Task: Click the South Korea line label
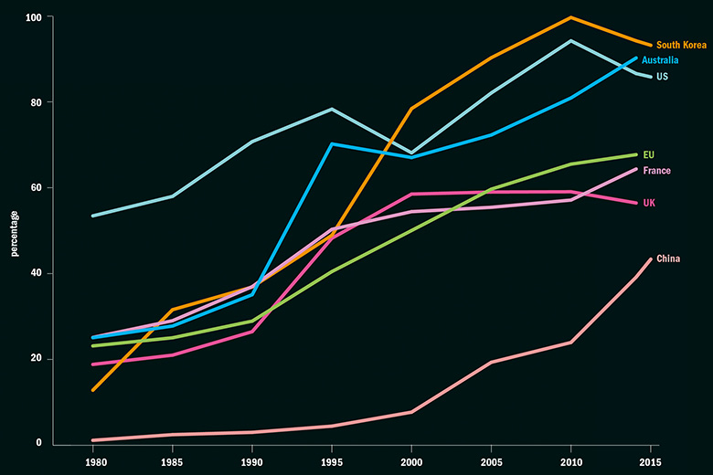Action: click(681, 45)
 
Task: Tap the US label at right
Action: click(662, 77)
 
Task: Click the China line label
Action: click(668, 259)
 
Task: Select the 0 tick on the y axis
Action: click(38, 443)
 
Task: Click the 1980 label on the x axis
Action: click(93, 461)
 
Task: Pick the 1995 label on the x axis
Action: click(332, 461)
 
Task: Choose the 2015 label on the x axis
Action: click(650, 461)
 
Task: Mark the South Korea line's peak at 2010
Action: click(570, 17)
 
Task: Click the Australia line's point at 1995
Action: click(332, 144)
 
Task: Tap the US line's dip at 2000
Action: click(411, 153)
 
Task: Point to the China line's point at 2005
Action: click(491, 362)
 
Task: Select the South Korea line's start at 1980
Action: click(93, 390)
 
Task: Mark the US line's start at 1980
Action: click(93, 216)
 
